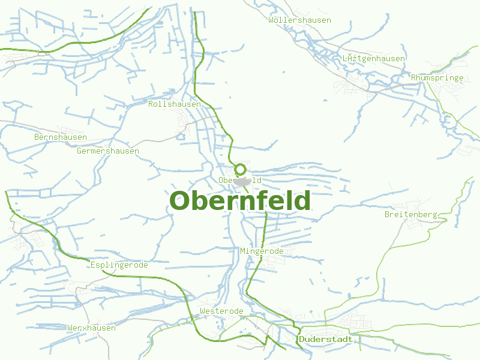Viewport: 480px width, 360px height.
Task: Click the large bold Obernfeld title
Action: [240, 201]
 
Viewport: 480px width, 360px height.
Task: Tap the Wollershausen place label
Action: [300, 20]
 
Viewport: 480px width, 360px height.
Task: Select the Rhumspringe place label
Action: [437, 77]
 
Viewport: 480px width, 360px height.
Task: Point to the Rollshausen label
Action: [175, 104]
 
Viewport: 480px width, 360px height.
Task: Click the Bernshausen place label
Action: [61, 137]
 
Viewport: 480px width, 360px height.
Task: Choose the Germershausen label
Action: [108, 151]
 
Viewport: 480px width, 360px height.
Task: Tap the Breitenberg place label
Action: [411, 214]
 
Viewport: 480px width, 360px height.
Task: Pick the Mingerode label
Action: [262, 251]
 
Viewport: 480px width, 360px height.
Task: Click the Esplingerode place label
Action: [119, 265]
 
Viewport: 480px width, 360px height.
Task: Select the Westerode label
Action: [221, 311]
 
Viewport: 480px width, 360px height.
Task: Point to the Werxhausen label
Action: [92, 328]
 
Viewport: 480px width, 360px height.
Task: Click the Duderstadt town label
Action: [325, 339]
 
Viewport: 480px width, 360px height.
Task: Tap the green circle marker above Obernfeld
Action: [240, 169]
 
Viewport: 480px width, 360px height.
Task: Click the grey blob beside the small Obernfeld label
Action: [242, 181]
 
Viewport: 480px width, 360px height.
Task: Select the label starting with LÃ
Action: [373, 58]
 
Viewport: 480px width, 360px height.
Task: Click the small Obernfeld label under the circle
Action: [240, 180]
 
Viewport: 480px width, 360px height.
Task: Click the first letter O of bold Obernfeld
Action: [182, 201]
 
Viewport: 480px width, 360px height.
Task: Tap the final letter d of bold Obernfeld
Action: [301, 201]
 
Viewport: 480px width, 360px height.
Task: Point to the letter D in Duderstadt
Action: [301, 339]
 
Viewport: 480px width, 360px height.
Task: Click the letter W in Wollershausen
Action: [272, 20]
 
